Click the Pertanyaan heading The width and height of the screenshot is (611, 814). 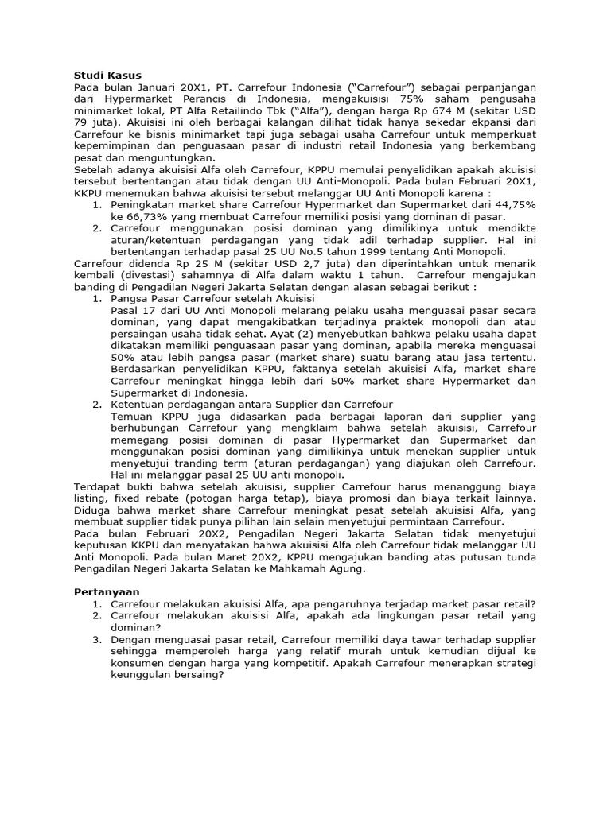[x=106, y=592]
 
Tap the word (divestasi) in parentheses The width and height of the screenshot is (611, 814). [x=146, y=275]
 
